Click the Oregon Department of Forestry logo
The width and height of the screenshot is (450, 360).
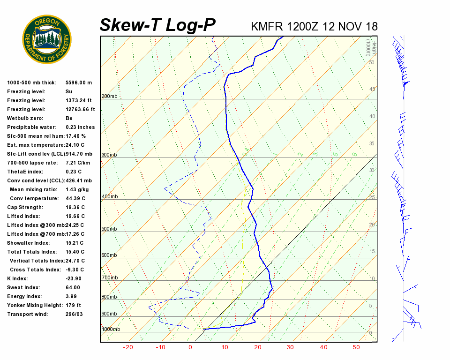(x=47, y=39)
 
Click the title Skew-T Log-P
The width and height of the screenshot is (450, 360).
(x=157, y=25)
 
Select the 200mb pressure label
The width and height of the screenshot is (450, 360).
(x=109, y=97)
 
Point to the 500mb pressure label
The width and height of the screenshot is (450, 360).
(x=109, y=229)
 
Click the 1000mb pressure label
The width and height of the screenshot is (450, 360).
(x=111, y=329)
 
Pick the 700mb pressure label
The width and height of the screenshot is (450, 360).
(x=109, y=278)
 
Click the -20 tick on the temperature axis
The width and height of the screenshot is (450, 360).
(x=128, y=347)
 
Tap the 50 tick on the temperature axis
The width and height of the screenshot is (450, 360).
(x=356, y=347)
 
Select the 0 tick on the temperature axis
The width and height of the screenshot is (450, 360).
(x=190, y=347)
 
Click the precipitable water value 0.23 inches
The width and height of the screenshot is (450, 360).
(x=80, y=127)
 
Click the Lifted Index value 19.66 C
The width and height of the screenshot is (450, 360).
(x=75, y=216)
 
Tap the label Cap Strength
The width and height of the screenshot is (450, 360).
(x=25, y=207)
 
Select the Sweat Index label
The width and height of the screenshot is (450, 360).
(x=23, y=287)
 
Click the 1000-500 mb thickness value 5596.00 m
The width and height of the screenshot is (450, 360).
(x=79, y=82)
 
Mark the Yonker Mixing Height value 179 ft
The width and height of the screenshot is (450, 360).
(x=73, y=305)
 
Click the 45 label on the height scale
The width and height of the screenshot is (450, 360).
(x=371, y=89)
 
